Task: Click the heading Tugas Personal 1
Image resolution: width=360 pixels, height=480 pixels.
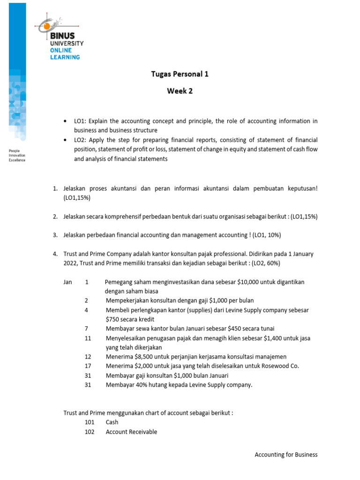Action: coord(180,74)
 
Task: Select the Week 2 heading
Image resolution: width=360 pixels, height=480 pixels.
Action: coord(180,91)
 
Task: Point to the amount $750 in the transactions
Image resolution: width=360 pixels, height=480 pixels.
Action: coord(113,319)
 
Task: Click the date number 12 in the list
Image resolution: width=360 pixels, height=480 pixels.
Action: coord(88,357)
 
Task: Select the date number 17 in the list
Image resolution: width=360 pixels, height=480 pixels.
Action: coord(88,366)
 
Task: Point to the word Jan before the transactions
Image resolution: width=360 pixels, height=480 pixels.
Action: coord(68,282)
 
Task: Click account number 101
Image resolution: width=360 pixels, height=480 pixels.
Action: coord(90,422)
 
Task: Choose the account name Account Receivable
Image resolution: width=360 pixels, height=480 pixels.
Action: coord(131,432)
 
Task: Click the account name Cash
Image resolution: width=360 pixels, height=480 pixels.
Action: coord(112,422)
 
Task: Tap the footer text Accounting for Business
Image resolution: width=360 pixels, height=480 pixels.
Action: coord(286,455)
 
